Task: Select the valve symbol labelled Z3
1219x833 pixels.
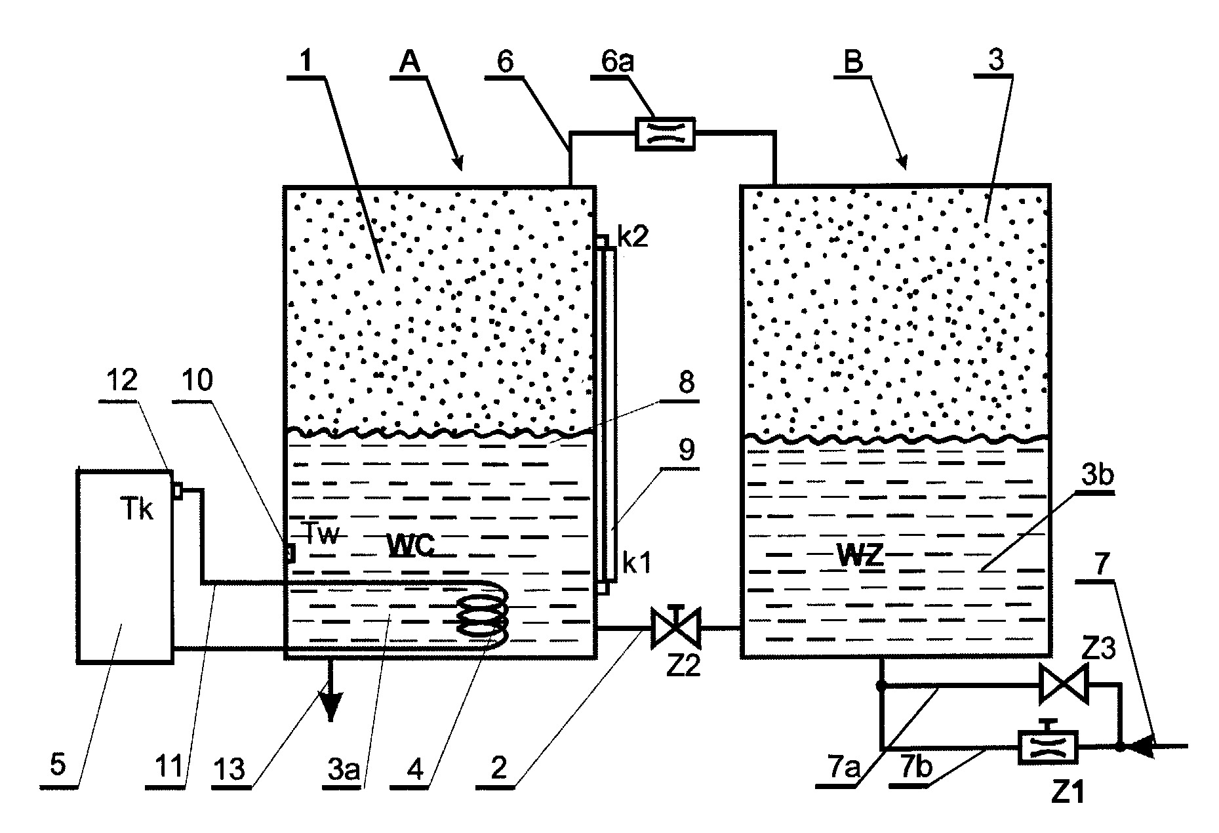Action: tap(1064, 685)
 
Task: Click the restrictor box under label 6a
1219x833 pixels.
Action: tap(665, 134)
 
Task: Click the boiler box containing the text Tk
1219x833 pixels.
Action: tap(125, 566)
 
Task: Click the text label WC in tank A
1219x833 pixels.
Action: tap(410, 544)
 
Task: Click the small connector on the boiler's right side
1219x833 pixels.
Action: tap(177, 490)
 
